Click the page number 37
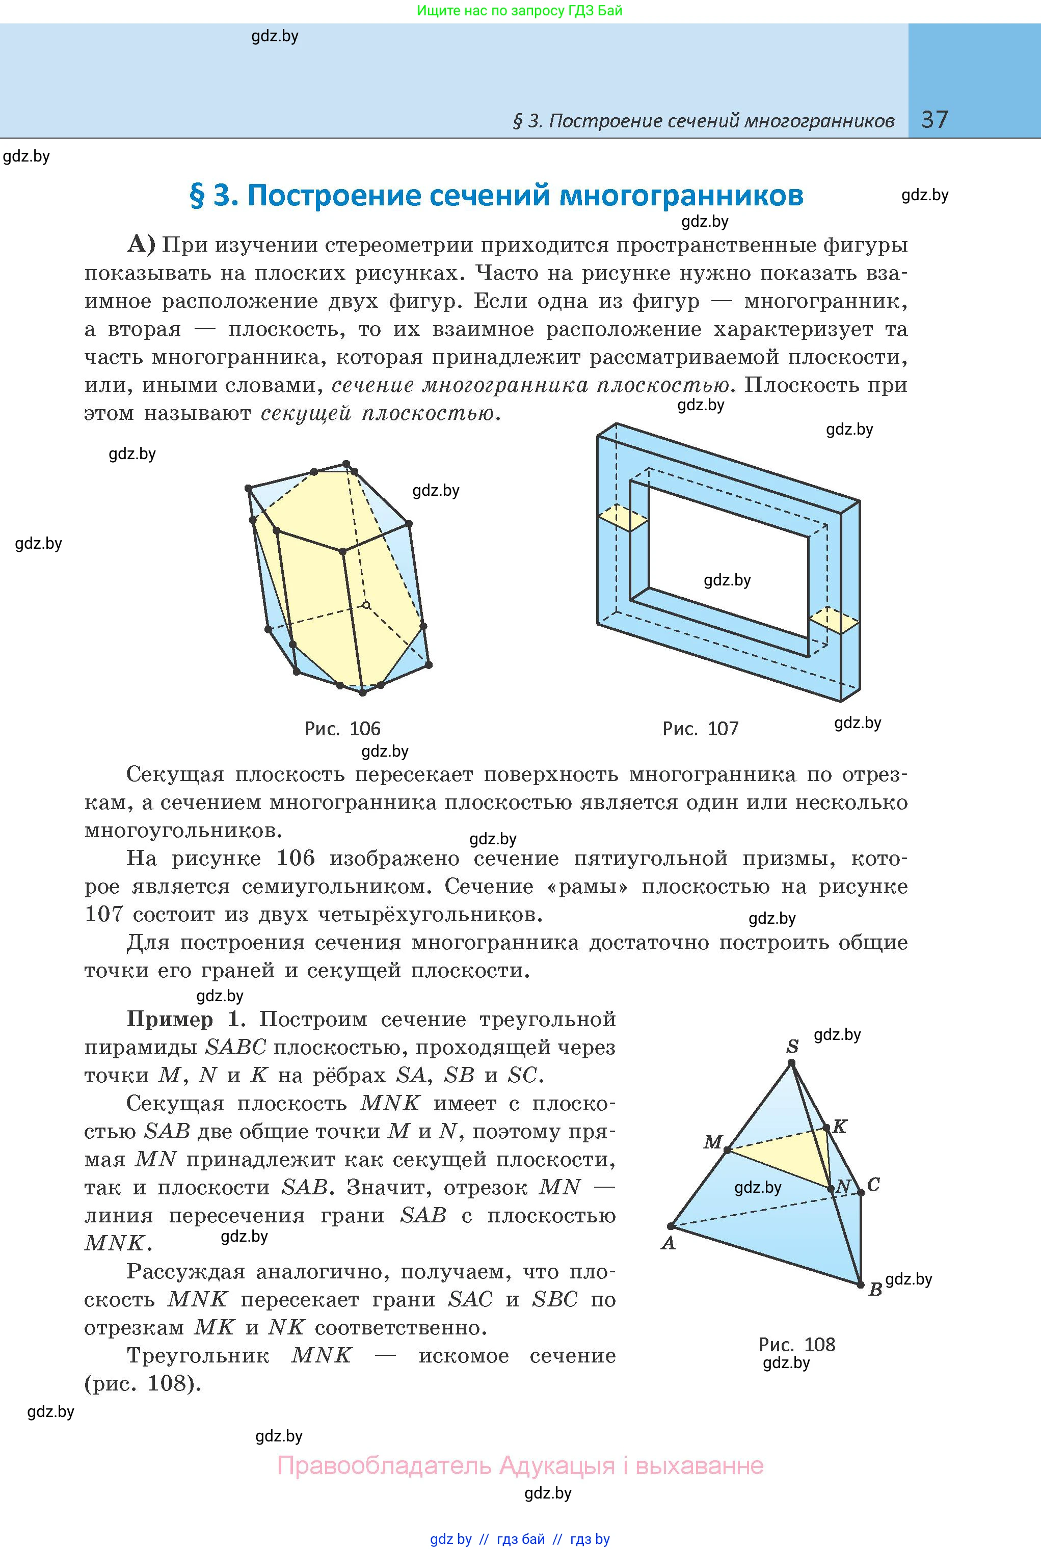(935, 120)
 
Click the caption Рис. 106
(342, 729)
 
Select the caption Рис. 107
(701, 729)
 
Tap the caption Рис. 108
(797, 1345)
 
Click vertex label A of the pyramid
(668, 1243)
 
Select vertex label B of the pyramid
(875, 1289)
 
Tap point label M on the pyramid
(712, 1142)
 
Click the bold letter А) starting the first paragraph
(141, 245)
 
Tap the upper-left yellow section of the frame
(623, 518)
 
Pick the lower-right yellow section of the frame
(834, 621)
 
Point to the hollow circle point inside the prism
(366, 604)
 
